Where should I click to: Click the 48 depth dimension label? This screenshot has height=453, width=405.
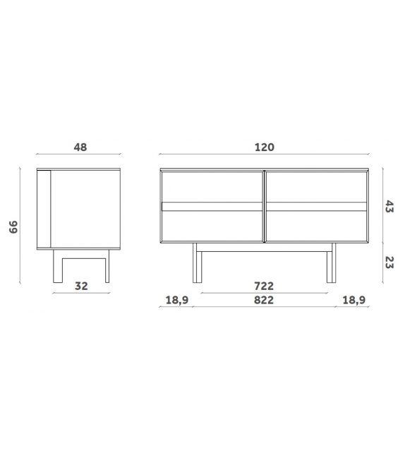(79, 147)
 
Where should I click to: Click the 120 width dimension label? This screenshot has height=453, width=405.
(264, 147)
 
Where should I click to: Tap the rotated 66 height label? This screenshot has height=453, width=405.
(14, 227)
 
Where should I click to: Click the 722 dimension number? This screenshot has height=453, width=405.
(264, 286)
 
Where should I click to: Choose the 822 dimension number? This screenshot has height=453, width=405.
(264, 300)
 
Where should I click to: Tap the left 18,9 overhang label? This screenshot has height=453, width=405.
(176, 300)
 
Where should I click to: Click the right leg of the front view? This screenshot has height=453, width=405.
(330, 265)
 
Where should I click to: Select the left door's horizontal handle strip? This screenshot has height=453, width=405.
(212, 207)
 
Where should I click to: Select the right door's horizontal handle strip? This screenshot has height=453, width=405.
(316, 207)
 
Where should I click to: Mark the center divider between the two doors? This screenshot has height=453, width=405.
(264, 208)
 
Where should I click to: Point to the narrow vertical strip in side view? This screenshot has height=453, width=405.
(46, 209)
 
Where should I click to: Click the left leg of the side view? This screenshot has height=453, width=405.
(56, 267)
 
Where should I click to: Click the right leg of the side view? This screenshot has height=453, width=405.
(107, 267)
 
